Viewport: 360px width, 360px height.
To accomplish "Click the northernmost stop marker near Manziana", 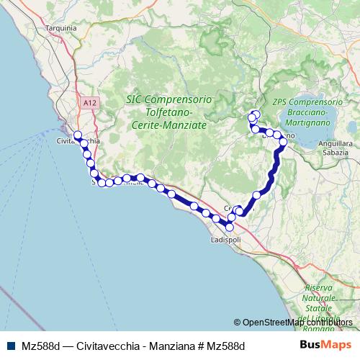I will pyautogui.click(x=256, y=114).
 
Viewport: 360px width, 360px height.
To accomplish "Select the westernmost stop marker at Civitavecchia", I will pyautogui.click(x=78, y=135).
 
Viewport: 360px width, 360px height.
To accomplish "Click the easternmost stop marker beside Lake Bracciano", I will pyautogui.click(x=283, y=142).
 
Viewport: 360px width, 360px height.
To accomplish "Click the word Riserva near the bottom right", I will pyautogui.click(x=318, y=288).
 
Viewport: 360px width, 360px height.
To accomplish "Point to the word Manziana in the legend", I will pyautogui.click(x=173, y=346).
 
